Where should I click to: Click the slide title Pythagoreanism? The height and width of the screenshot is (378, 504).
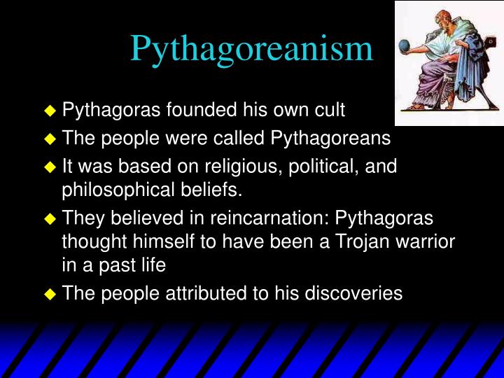click(x=251, y=48)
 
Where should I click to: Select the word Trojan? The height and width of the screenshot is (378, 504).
click(x=363, y=242)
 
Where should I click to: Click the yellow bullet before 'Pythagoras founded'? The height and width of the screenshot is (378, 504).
click(x=49, y=111)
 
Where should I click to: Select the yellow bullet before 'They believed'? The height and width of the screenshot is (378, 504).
click(x=49, y=218)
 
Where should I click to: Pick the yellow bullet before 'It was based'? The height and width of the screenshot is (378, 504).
click(x=49, y=167)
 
